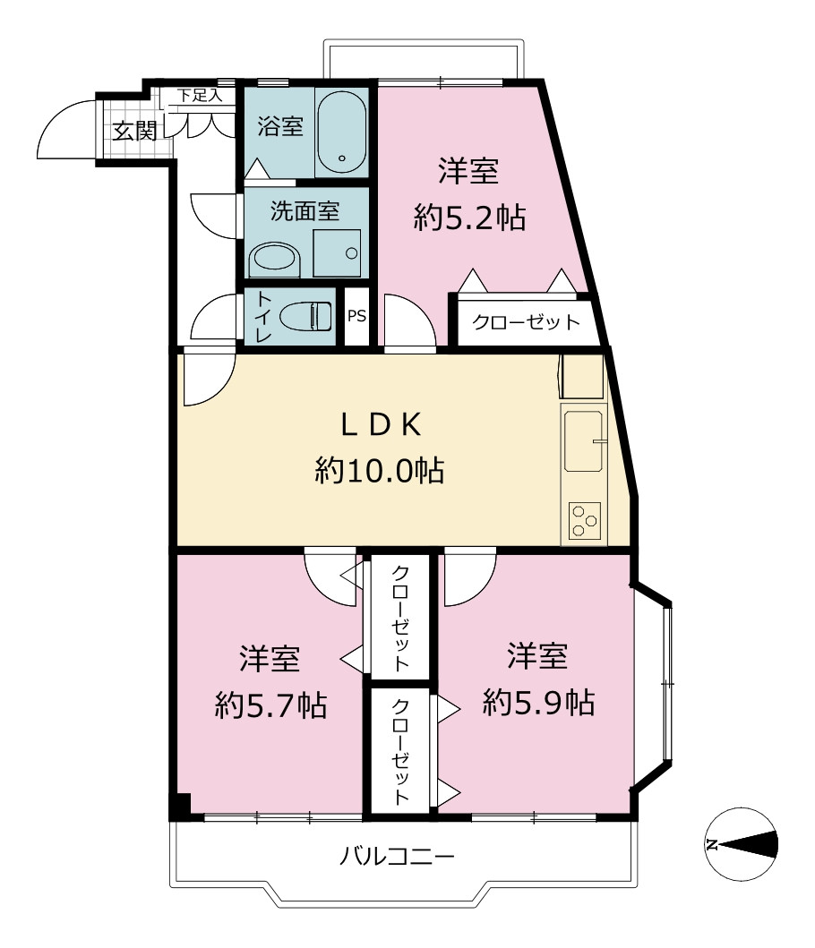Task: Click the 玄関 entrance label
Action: click(135, 131)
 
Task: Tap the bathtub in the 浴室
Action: click(341, 132)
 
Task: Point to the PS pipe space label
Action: click(357, 316)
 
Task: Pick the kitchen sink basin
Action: click(583, 441)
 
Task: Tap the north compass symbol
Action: click(742, 844)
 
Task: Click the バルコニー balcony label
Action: click(397, 856)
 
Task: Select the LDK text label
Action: click(381, 424)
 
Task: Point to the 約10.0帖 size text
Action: click(380, 470)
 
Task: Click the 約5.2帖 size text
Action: click(469, 218)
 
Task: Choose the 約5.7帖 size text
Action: click(270, 705)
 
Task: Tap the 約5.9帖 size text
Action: click(538, 703)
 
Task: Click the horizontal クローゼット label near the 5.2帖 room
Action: click(526, 321)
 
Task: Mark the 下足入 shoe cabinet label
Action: click(200, 96)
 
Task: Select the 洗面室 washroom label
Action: click(305, 211)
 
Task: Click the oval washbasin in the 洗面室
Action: click(275, 259)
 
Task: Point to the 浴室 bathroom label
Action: click(280, 126)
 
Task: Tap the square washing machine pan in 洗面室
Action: click(337, 253)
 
